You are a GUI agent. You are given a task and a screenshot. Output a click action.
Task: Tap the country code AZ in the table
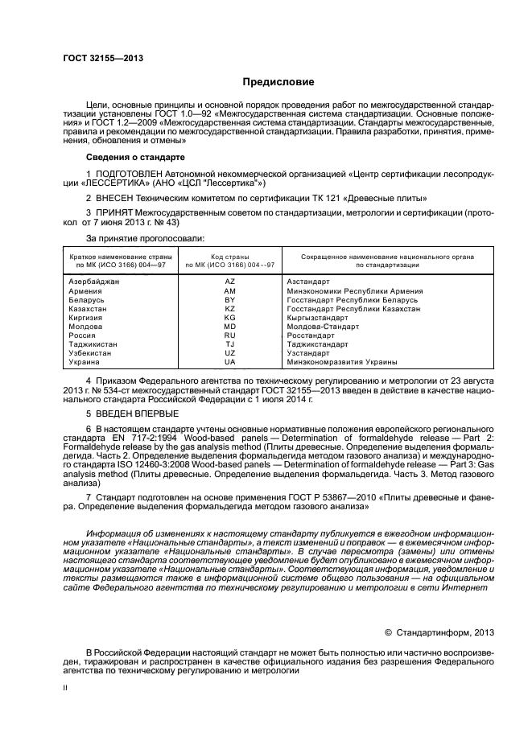click(x=229, y=282)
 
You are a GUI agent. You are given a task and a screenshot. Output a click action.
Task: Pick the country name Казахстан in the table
click(x=88, y=308)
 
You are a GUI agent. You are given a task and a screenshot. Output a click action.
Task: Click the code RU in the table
click(x=229, y=335)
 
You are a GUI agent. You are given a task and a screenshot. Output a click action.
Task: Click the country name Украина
click(x=85, y=361)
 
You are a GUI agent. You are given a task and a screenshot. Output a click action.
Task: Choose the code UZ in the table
click(x=229, y=352)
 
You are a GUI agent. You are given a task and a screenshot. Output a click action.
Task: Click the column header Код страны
click(x=229, y=255)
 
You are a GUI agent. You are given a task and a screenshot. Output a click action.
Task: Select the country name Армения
click(x=85, y=290)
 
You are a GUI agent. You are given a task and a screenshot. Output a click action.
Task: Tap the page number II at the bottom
click(x=67, y=688)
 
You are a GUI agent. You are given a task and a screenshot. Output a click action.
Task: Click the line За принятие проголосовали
click(x=145, y=239)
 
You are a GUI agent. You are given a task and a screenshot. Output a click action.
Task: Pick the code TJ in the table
click(x=229, y=344)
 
